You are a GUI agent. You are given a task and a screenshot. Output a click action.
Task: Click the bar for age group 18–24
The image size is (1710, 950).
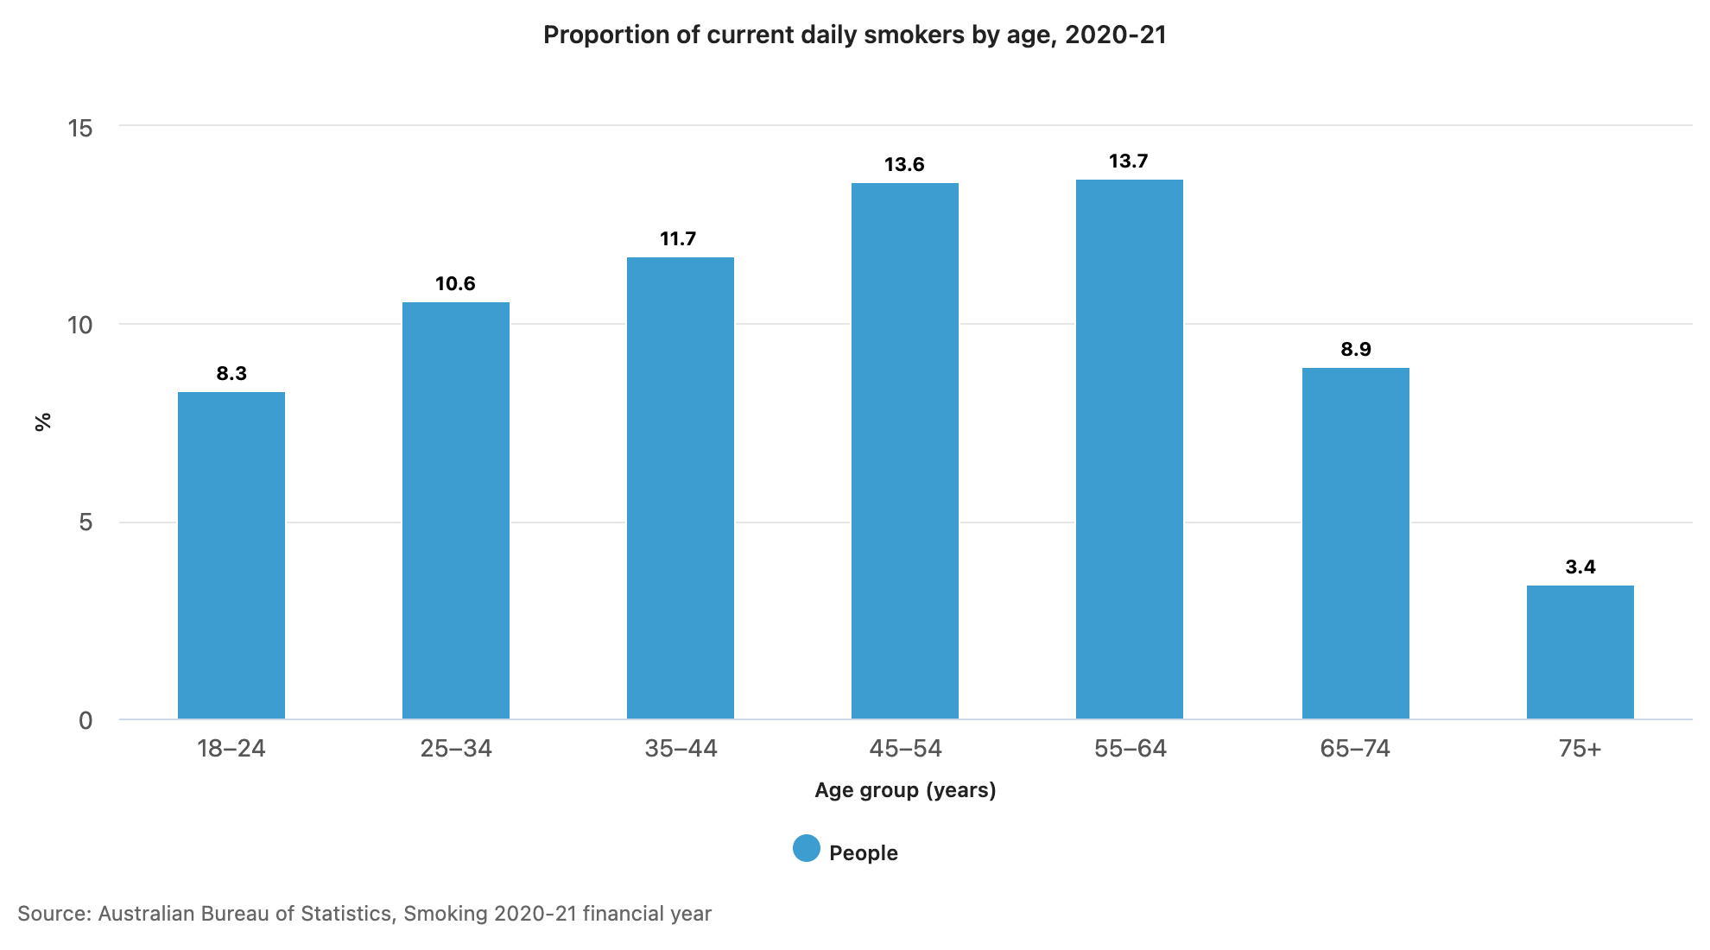click(231, 555)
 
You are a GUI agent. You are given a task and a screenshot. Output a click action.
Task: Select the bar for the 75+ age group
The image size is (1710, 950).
click(1580, 652)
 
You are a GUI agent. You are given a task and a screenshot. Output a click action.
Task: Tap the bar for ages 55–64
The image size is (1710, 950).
click(1130, 449)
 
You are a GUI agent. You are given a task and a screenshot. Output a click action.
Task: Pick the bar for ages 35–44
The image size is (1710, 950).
click(681, 488)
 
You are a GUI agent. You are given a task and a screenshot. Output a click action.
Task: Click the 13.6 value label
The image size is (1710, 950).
click(904, 165)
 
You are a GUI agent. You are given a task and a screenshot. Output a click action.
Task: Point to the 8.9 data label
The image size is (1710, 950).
click(1356, 350)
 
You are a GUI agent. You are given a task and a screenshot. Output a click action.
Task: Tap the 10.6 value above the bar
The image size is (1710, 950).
click(455, 284)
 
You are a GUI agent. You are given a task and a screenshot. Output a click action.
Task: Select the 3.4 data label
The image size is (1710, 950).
click(1580, 567)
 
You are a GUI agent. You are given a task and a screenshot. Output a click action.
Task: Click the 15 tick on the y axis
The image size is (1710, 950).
click(80, 129)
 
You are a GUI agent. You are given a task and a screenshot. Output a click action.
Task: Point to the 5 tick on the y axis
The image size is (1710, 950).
click(85, 522)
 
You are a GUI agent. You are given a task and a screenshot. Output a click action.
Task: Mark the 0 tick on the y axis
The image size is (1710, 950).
click(85, 720)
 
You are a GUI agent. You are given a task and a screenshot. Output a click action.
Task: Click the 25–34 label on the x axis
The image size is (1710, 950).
click(456, 748)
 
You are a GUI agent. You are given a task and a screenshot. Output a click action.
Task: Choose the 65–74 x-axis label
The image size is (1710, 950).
click(1355, 748)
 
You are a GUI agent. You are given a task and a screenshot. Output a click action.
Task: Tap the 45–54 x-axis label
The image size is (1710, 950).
click(905, 748)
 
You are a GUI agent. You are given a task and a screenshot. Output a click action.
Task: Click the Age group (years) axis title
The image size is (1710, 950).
click(905, 790)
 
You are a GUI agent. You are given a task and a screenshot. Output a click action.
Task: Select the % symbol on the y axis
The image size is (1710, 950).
click(42, 421)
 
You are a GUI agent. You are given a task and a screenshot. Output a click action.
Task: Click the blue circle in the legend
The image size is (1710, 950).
click(807, 848)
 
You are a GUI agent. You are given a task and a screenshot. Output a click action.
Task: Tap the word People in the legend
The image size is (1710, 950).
click(864, 853)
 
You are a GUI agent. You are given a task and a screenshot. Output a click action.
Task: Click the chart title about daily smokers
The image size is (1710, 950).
click(855, 35)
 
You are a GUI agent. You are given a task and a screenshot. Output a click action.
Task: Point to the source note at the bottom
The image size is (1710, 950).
click(364, 914)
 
